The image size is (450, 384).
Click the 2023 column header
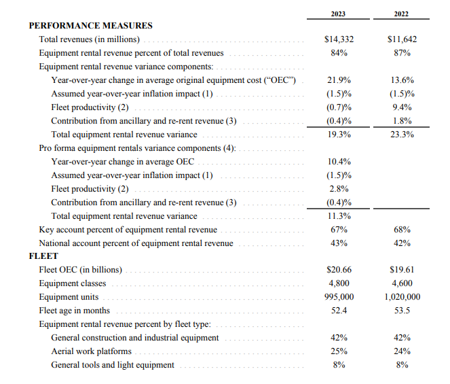(339, 13)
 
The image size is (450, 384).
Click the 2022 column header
(401, 13)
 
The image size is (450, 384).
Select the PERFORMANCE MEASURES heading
(90, 26)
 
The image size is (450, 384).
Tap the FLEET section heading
(43, 256)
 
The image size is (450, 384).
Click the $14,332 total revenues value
(339, 39)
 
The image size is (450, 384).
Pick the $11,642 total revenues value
(402, 39)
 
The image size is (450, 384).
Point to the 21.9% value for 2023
(339, 80)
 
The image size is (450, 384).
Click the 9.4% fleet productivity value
(402, 107)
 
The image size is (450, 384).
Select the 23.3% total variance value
(402, 135)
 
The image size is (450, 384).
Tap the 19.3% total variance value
(339, 135)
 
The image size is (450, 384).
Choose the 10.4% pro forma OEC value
(339, 162)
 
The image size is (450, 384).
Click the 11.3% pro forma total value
(339, 216)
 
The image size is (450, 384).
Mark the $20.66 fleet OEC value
(339, 270)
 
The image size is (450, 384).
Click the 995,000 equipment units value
(339, 297)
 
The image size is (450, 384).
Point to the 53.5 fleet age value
(402, 311)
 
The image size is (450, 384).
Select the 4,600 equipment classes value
(402, 283)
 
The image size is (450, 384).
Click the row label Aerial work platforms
(91, 351)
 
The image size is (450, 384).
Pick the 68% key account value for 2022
(402, 230)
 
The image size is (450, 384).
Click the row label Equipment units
(69, 297)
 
